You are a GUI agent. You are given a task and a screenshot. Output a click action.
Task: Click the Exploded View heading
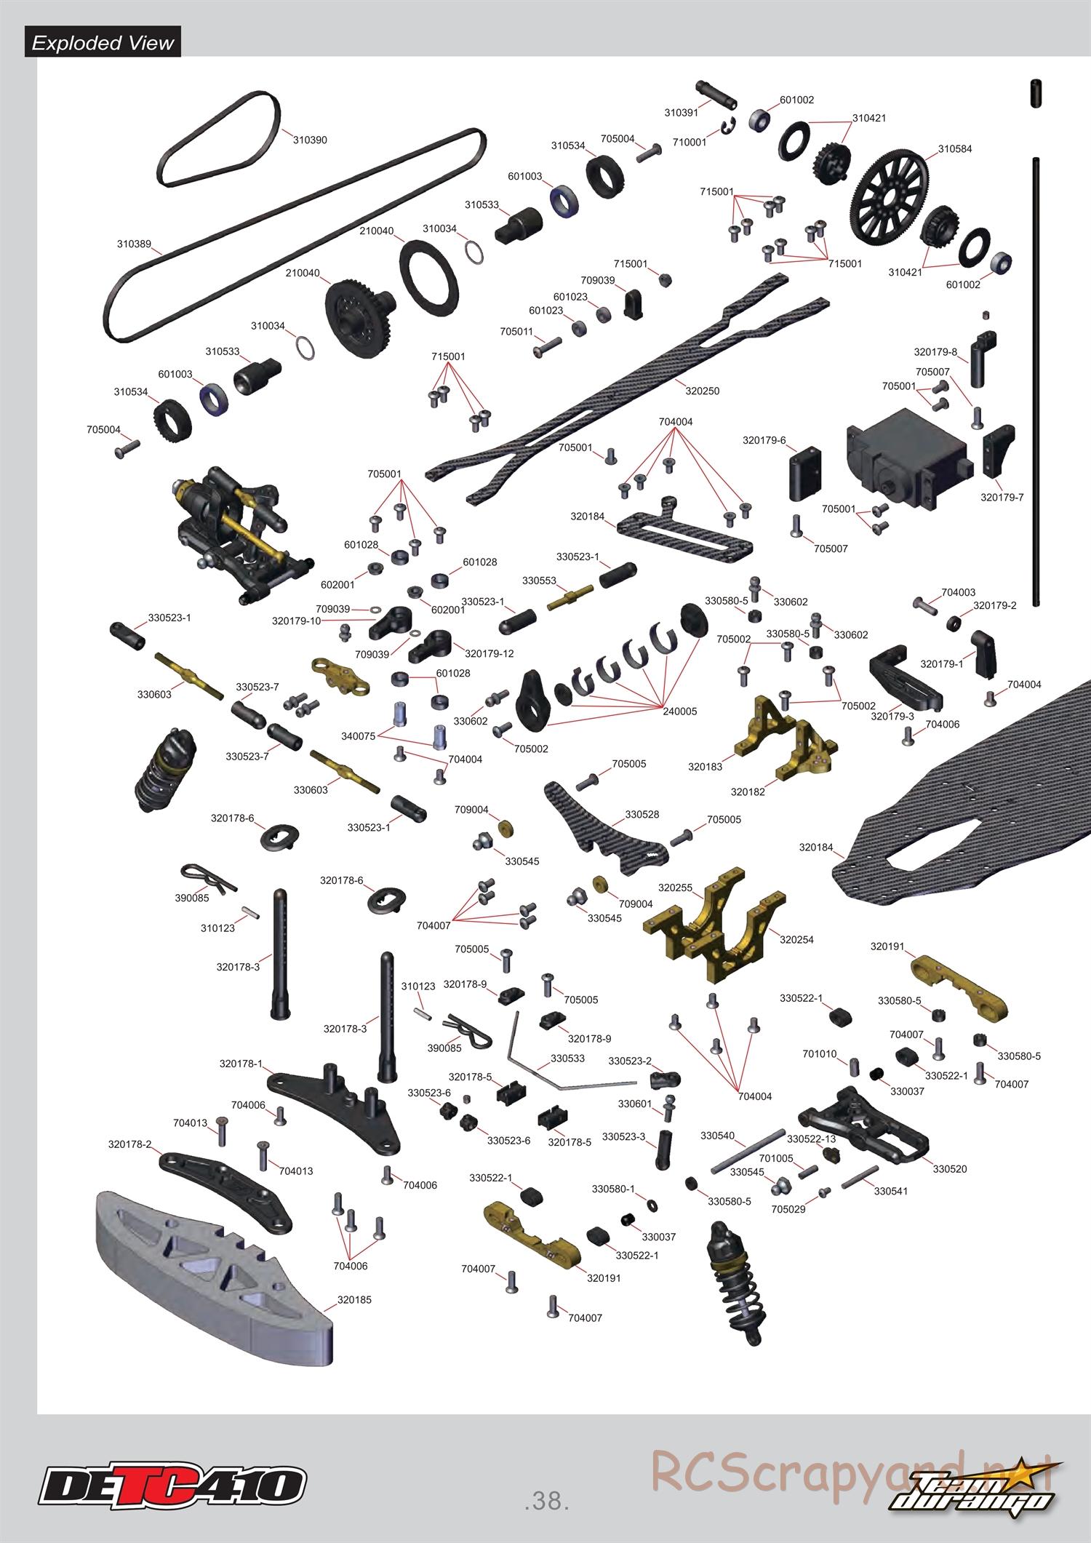pyautogui.click(x=103, y=43)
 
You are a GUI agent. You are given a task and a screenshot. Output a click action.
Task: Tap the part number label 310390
pyautogui.click(x=310, y=140)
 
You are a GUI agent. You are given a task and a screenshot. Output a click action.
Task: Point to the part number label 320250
pyautogui.click(x=702, y=391)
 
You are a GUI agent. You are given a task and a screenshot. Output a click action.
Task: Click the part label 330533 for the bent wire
pyautogui.click(x=567, y=1058)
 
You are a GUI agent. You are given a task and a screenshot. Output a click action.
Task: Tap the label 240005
pyautogui.click(x=679, y=711)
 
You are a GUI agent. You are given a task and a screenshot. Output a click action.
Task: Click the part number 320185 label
pyautogui.click(x=354, y=1299)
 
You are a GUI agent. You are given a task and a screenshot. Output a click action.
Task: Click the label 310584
pyautogui.click(x=954, y=148)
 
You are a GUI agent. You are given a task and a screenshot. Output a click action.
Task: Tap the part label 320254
pyautogui.click(x=796, y=939)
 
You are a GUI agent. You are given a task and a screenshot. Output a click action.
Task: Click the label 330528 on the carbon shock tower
pyautogui.click(x=642, y=814)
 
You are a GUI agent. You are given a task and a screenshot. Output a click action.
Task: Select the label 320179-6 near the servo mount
pyautogui.click(x=764, y=440)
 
